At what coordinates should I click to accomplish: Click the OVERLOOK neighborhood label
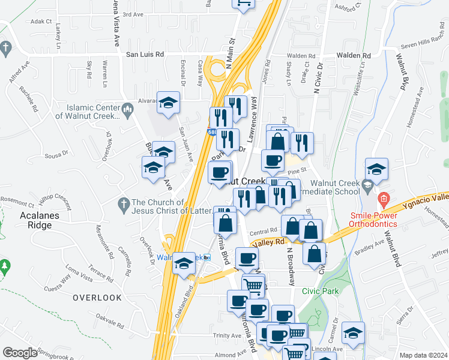pos(97,298)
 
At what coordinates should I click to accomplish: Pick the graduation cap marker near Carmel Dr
pos(354,333)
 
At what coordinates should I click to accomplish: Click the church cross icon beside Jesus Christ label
pos(124,202)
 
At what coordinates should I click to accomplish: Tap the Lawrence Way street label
pos(254,120)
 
